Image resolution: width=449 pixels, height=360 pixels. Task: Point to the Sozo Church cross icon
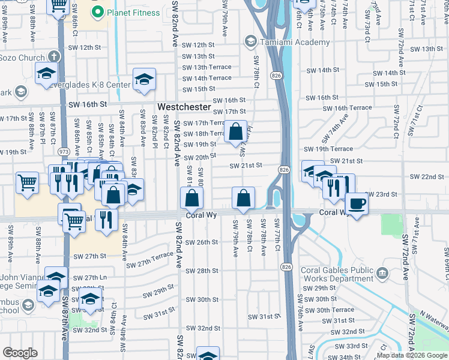pyautogui.click(x=53, y=57)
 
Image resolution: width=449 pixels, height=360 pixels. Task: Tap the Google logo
pyautogui.click(x=20, y=353)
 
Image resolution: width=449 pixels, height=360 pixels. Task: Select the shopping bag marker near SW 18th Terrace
pyautogui.click(x=237, y=131)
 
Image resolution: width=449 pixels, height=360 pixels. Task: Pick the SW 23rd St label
pyautogui.click(x=382, y=194)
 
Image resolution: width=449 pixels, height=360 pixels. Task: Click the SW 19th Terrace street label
pyautogui.click(x=328, y=149)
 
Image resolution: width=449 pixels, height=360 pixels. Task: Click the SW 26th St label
pyautogui.click(x=201, y=242)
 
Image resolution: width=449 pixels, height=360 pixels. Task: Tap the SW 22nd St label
pyautogui.click(x=427, y=177)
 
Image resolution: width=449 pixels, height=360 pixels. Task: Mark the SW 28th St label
pyautogui.click(x=201, y=271)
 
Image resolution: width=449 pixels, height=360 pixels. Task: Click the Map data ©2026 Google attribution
pyautogui.click(x=412, y=355)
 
